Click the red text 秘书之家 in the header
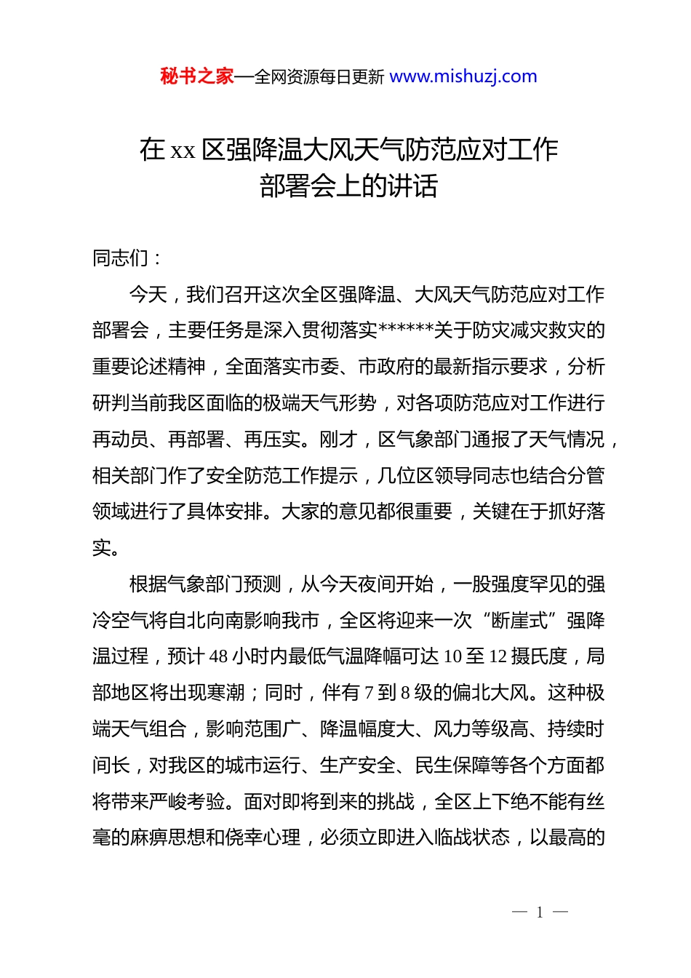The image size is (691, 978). coord(196,76)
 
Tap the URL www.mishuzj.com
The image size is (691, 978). coord(463,76)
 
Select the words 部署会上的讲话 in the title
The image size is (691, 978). coord(348,186)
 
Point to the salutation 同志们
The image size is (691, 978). coord(121,258)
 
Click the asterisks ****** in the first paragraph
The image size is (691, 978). coord(406,330)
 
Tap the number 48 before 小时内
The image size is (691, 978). coord(219,656)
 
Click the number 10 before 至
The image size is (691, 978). coord(452,656)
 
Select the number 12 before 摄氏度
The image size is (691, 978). coord(498,656)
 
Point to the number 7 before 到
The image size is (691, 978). coord(369,693)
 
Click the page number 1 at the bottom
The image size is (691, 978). coord(540,913)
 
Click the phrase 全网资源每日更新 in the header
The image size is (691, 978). coord(319,77)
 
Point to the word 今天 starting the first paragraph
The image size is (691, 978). coord(148,294)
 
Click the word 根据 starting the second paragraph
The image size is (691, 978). coord(148,584)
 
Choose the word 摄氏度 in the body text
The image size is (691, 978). coord(539,656)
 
